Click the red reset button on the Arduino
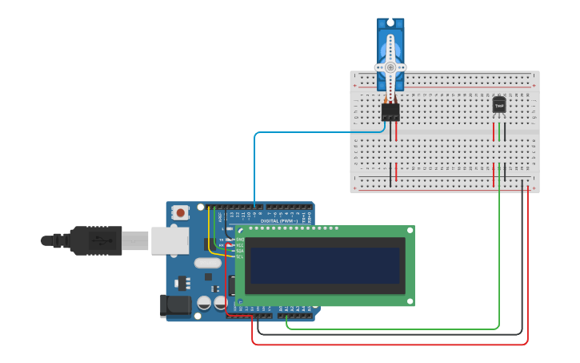[182, 213]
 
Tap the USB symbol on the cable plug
[95, 240]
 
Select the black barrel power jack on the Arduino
[175, 305]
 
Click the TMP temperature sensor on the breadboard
[499, 105]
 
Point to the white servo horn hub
[390, 67]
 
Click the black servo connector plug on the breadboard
[390, 112]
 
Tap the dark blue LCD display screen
[325, 265]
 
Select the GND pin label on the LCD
[239, 239]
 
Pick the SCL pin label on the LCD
[239, 256]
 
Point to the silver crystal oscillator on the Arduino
[206, 262]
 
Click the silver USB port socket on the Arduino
[170, 240]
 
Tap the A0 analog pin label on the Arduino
[281, 308]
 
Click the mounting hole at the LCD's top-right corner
[410, 230]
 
